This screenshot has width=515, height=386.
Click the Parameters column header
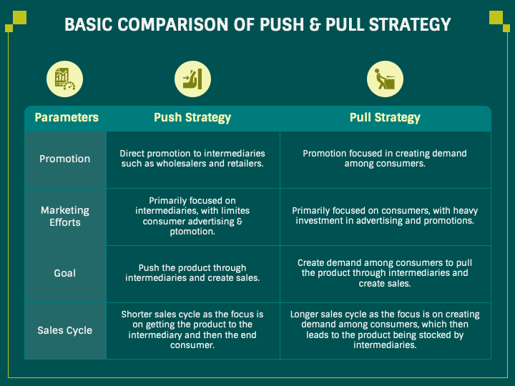(67, 118)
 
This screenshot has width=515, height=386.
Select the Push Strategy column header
(192, 118)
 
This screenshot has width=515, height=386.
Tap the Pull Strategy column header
(385, 118)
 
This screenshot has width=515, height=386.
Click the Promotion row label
(65, 159)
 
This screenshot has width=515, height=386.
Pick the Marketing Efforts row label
(65, 216)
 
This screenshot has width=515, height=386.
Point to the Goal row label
(65, 272)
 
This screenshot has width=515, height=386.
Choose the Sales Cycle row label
(65, 330)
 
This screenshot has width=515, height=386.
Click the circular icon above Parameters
(61, 79)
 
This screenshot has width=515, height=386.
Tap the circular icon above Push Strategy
(192, 79)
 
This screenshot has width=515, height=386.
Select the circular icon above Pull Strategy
(385, 79)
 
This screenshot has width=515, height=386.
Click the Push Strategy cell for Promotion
(192, 159)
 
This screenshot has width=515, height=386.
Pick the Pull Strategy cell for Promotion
(385, 159)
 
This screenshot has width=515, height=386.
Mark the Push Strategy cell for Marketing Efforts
(192, 216)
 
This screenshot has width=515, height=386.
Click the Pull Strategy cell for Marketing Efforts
(385, 216)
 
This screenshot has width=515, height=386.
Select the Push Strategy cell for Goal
(192, 272)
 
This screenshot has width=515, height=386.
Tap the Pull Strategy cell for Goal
(385, 272)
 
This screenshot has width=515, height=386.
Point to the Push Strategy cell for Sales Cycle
(192, 330)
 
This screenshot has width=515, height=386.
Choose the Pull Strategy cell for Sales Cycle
(385, 330)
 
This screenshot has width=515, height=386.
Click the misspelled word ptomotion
(192, 232)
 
